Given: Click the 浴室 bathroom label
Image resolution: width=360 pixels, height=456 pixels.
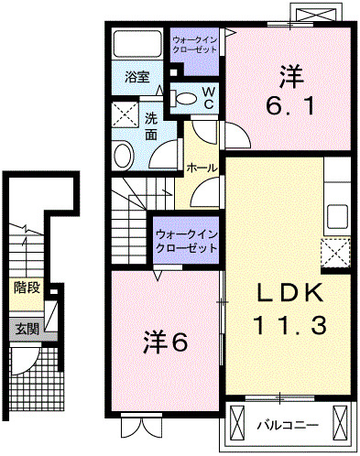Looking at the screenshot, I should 137,77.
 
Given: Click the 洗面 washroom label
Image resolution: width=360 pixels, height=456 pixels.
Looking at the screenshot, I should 151,126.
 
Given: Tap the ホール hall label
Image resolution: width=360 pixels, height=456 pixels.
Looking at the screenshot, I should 202,168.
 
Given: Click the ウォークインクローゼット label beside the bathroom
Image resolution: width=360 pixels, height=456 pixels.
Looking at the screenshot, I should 194,43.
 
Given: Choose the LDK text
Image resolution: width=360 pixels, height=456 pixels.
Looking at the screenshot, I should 289,293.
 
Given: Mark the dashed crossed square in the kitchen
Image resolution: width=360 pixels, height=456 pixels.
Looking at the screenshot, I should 335,251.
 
